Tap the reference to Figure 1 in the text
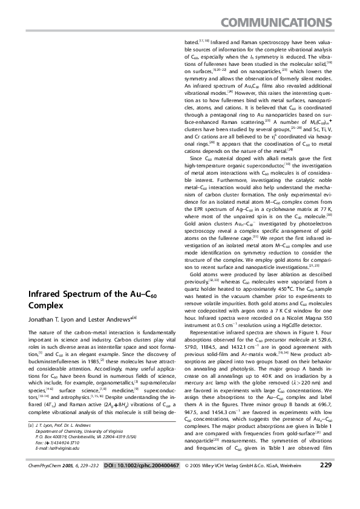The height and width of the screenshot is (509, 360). [x=299, y=335]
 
